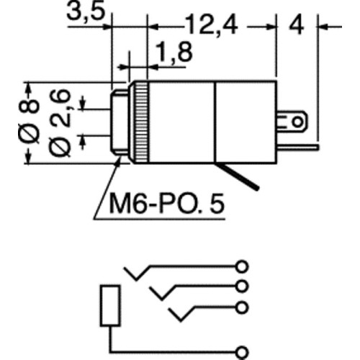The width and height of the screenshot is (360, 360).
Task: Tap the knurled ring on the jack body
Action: click(x=143, y=121)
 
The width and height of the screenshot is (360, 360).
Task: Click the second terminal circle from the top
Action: click(x=243, y=286)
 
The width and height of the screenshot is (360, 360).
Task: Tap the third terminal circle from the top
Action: click(x=243, y=307)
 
